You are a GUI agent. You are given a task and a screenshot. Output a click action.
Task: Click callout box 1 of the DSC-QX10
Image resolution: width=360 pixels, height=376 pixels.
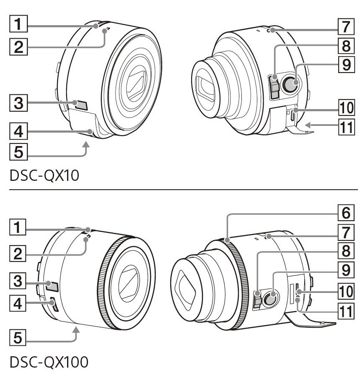point(18,23)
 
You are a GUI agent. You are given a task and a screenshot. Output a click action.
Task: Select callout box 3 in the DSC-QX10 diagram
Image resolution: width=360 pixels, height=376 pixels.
point(18,103)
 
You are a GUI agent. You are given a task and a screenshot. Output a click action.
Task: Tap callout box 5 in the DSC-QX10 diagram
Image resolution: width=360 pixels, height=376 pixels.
point(18,151)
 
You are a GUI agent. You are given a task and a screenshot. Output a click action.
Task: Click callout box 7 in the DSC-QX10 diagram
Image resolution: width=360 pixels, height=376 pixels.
point(346,26)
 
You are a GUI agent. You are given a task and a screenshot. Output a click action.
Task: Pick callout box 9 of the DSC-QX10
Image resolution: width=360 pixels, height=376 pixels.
point(346,64)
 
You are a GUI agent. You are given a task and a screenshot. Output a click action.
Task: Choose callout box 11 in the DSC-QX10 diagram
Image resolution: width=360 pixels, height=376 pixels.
point(346,127)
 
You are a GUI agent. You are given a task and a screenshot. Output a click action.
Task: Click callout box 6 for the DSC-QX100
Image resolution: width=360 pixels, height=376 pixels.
point(346,212)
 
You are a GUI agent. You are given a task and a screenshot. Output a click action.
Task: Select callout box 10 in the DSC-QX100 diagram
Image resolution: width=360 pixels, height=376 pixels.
point(346,291)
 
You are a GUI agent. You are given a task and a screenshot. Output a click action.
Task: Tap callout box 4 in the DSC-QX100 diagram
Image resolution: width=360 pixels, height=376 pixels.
point(18,303)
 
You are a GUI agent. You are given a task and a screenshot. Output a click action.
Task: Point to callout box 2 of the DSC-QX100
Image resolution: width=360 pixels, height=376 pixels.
point(18,253)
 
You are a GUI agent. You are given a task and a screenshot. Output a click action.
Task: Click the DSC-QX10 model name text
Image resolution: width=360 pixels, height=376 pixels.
point(44,176)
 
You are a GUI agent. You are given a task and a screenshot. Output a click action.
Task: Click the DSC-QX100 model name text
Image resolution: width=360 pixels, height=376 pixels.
point(49,362)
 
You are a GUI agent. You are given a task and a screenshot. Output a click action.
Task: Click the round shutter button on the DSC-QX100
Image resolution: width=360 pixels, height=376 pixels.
point(270,298)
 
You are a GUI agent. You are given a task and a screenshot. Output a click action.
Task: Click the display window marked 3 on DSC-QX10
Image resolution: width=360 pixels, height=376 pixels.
point(80,104)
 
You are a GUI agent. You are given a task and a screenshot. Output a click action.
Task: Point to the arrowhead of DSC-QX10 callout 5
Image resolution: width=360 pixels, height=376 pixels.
point(87,144)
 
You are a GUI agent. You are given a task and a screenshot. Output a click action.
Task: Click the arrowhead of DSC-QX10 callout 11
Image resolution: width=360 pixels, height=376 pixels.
point(308,125)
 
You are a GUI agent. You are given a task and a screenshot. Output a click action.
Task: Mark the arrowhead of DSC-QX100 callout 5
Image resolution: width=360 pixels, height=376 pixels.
point(76,330)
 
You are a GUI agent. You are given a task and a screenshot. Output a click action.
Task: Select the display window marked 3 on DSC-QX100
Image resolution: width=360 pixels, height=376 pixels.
point(52,286)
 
